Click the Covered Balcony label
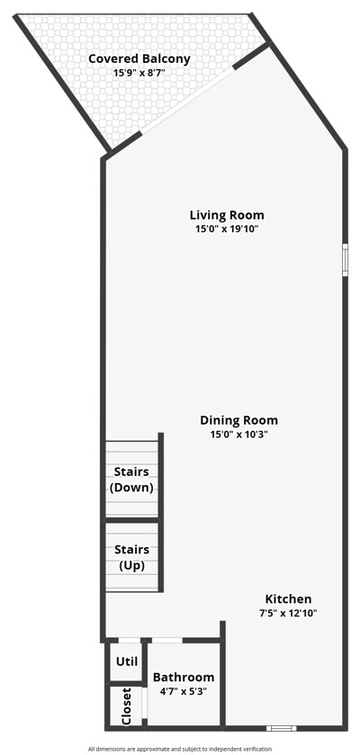(139, 59)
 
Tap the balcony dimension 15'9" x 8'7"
(139, 74)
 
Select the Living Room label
(227, 215)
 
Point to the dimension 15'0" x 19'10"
(227, 229)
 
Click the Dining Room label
(238, 420)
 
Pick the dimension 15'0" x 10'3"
(238, 435)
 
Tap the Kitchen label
(288, 599)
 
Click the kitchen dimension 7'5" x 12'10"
(288, 614)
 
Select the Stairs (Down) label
(131, 480)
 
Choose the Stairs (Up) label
(131, 558)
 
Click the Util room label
(127, 661)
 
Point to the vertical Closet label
(127, 706)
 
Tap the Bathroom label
(184, 678)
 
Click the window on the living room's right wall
(345, 260)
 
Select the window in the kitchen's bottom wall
(282, 728)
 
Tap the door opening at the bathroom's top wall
(166, 641)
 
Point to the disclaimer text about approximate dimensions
(180, 750)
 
